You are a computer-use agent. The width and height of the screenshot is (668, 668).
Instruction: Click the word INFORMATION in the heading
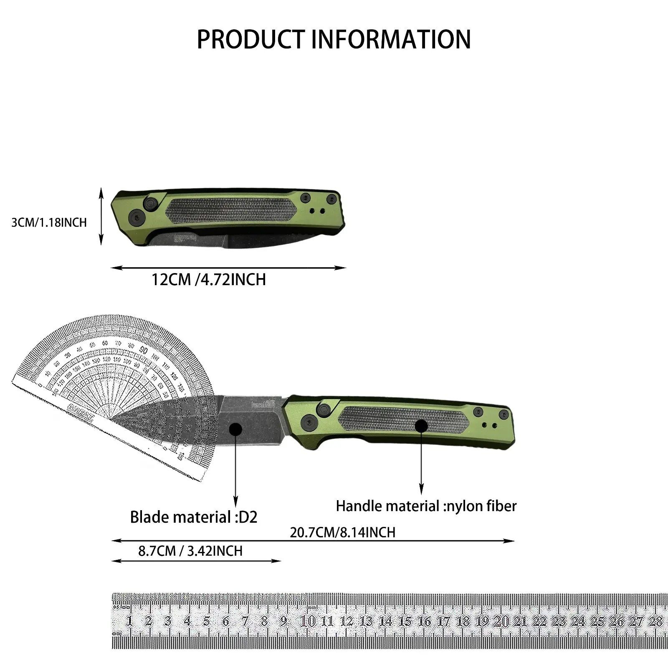point(391,40)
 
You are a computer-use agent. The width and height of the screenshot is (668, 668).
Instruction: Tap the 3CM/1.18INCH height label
point(49,223)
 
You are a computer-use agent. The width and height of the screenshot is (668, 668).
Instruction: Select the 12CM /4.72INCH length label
point(208,279)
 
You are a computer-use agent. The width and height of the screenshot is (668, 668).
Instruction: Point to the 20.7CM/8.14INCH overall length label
point(342,532)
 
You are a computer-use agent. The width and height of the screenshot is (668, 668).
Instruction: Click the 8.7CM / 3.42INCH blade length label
point(190,551)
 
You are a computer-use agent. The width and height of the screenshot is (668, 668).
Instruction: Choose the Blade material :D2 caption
point(194,517)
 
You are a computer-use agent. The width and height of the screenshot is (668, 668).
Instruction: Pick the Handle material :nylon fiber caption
point(426,506)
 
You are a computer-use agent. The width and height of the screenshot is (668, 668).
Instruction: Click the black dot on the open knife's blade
point(235,429)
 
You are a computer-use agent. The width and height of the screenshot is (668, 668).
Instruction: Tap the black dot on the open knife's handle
point(421,426)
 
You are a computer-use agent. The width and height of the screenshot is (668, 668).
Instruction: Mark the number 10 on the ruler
point(308,621)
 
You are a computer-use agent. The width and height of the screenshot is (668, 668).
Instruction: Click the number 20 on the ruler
point(501,621)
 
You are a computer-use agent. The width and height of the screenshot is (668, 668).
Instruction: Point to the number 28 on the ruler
point(655,621)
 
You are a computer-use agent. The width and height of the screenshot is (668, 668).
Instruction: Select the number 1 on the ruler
point(129,620)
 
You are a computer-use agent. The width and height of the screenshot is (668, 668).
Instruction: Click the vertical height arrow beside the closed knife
point(101,216)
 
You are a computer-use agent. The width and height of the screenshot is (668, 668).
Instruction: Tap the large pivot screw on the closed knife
point(137,216)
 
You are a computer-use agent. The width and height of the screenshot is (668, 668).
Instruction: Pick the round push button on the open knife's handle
point(323,410)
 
